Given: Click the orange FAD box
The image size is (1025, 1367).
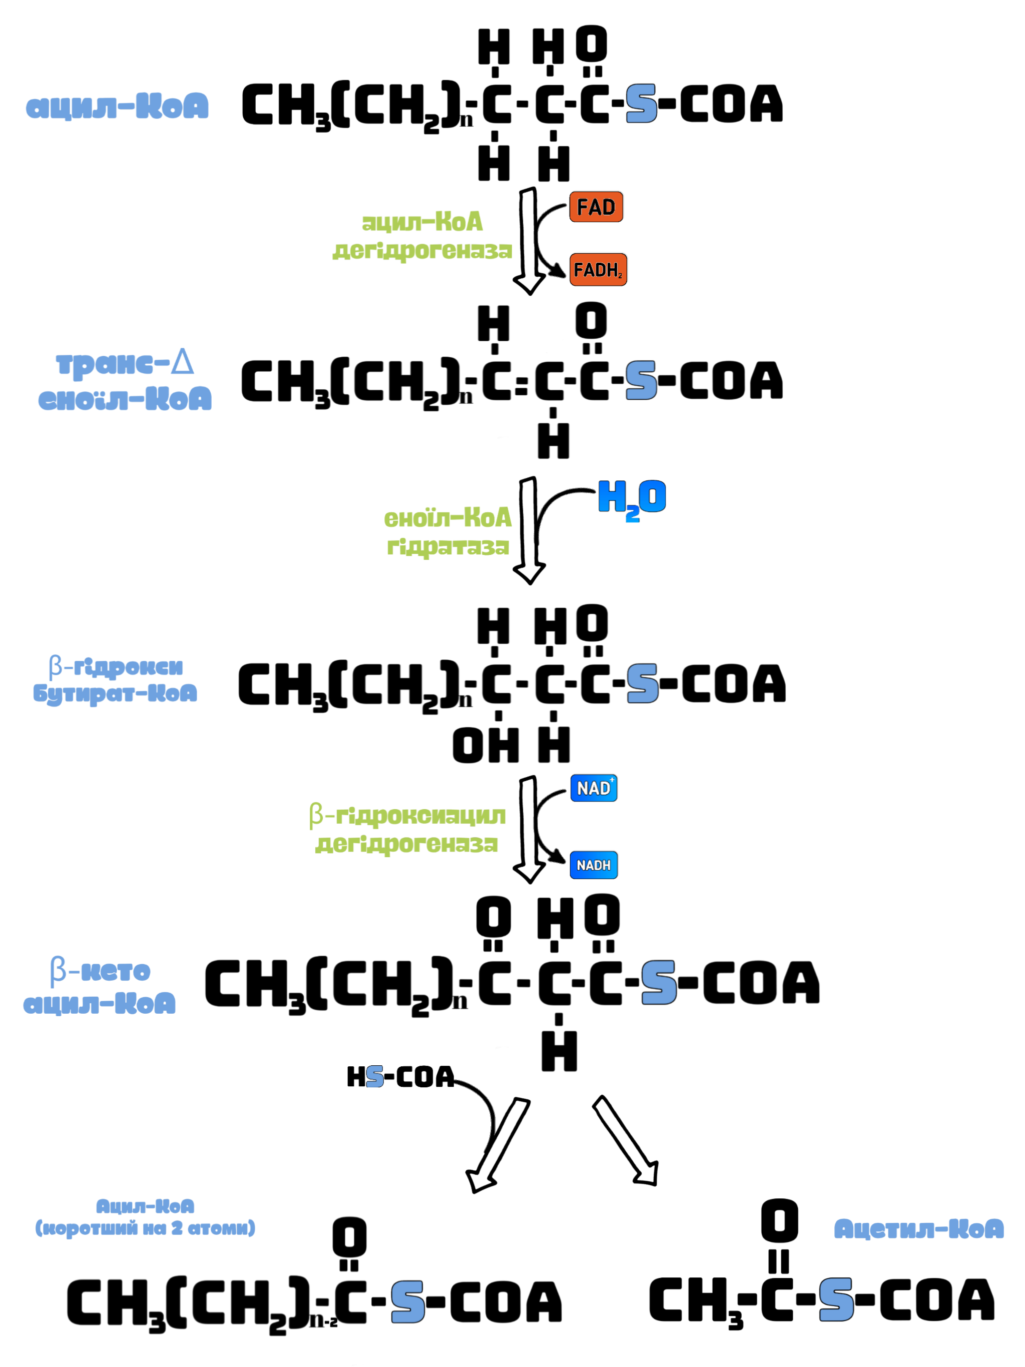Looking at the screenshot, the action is click(x=596, y=207).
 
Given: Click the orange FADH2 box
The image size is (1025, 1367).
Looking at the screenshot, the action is click(x=598, y=269).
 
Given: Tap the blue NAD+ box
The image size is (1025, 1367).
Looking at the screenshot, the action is click(x=594, y=788).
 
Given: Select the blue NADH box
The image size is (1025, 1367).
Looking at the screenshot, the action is click(x=594, y=865).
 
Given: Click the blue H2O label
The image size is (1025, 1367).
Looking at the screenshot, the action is click(x=632, y=500).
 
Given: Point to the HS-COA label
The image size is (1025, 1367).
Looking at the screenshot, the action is click(x=400, y=1077).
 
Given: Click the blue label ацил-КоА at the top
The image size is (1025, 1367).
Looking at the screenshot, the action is click(x=118, y=106).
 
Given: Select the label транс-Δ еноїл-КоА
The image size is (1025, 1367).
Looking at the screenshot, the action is click(x=125, y=380).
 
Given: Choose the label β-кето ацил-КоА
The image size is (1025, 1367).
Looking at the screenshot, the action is click(x=100, y=986).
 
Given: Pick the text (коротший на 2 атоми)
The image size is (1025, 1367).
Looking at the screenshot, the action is click(x=145, y=1228).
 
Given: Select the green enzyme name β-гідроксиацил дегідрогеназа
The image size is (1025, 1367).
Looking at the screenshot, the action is click(x=407, y=829).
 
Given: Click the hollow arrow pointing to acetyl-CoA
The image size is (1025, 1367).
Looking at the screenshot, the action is click(x=626, y=1141).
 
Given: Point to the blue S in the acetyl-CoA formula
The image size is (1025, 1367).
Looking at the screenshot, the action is click(x=836, y=1299).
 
